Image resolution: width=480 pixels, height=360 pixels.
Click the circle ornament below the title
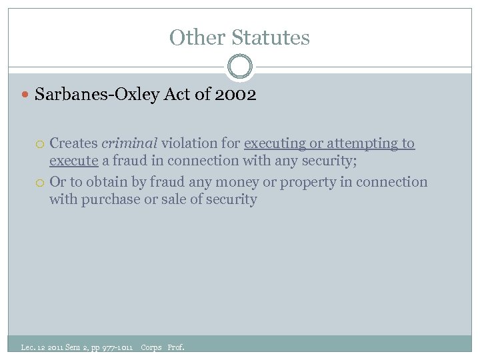(240, 67)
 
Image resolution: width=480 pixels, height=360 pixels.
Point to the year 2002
(236, 95)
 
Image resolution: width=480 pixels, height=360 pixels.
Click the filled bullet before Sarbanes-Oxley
(26, 95)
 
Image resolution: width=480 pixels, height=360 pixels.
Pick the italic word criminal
(129, 143)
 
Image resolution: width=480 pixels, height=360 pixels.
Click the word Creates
(73, 143)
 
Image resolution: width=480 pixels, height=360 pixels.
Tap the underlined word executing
(275, 143)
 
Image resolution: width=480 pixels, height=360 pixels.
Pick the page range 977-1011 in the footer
(117, 347)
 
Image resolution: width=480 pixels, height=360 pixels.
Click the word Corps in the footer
(151, 347)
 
